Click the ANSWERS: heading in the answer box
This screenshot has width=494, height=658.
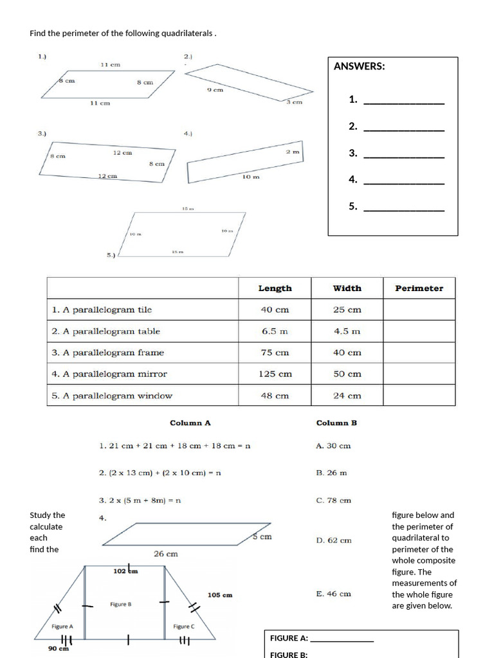(360, 66)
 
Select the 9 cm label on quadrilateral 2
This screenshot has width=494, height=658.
(215, 90)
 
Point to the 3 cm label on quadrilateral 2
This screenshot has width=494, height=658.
(294, 102)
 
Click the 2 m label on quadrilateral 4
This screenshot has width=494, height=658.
(293, 152)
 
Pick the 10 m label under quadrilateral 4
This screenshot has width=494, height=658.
(251, 177)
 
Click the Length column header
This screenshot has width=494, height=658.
(275, 289)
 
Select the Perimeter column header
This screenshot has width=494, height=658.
(419, 289)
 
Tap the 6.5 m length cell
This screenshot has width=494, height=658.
(275, 332)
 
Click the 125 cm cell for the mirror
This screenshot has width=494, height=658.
(275, 374)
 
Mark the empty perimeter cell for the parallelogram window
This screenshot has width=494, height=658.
(419, 396)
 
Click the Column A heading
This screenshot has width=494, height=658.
(190, 423)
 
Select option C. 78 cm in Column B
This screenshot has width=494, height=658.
(334, 501)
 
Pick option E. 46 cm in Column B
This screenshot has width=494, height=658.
(334, 594)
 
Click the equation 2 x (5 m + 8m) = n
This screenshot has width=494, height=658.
(140, 500)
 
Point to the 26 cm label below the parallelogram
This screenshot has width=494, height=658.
(166, 553)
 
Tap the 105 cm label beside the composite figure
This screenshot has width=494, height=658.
(220, 595)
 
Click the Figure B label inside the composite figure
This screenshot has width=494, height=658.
(121, 605)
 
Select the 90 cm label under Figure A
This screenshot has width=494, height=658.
(59, 648)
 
